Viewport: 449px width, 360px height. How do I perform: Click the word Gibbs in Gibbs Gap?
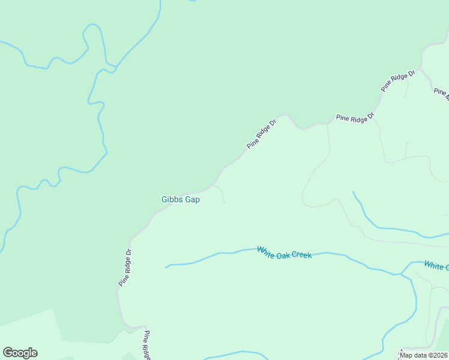(172, 200)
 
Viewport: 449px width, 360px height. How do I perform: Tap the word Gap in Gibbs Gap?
(192, 200)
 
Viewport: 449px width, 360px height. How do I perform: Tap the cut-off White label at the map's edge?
(436, 265)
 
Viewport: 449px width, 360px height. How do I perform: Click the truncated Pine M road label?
(441, 93)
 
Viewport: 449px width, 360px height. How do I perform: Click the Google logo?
(20, 353)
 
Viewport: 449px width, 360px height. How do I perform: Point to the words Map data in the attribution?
(413, 355)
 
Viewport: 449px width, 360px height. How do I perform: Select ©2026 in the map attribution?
(438, 355)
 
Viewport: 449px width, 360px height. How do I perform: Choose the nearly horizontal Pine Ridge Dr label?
(355, 118)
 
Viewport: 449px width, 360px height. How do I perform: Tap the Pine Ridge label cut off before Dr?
(146, 346)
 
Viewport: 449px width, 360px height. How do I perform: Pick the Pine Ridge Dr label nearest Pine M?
(398, 81)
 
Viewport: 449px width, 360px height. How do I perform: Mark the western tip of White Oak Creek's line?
(166, 267)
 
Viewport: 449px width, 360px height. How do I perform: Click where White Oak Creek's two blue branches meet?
(401, 274)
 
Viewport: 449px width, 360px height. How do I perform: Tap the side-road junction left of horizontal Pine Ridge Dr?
(328, 124)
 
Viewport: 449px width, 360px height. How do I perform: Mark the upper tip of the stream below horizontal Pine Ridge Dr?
(353, 192)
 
